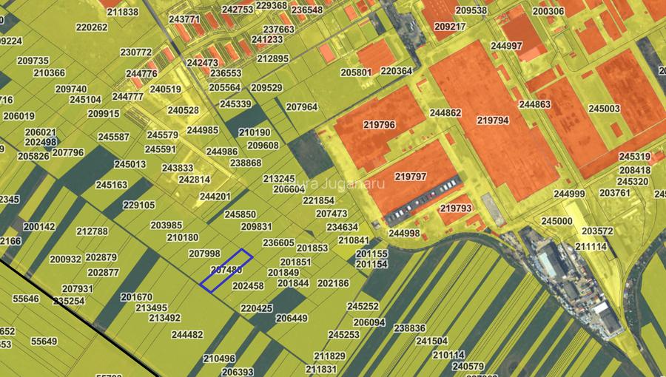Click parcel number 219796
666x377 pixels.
pyautogui.click(x=379, y=125)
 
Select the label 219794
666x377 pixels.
pyautogui.click(x=493, y=120)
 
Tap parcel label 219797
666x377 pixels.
pyautogui.click(x=411, y=177)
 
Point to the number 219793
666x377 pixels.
pyautogui.click(x=456, y=208)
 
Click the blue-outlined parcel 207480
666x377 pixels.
pyautogui.click(x=226, y=271)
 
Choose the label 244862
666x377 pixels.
pyautogui.click(x=445, y=113)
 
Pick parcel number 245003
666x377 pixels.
pyautogui.click(x=604, y=109)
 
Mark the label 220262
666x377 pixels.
pyautogui.click(x=92, y=27)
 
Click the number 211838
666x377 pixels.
pyautogui.click(x=123, y=13)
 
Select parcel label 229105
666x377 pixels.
pyautogui.click(x=139, y=206)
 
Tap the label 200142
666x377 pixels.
pyautogui.click(x=39, y=227)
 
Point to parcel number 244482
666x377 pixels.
pyautogui.click(x=187, y=334)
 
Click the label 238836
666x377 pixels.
pyautogui.click(x=410, y=328)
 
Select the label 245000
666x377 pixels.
pyautogui.click(x=556, y=221)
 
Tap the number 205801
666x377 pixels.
pyautogui.click(x=356, y=72)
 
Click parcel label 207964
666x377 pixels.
pyautogui.click(x=302, y=107)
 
